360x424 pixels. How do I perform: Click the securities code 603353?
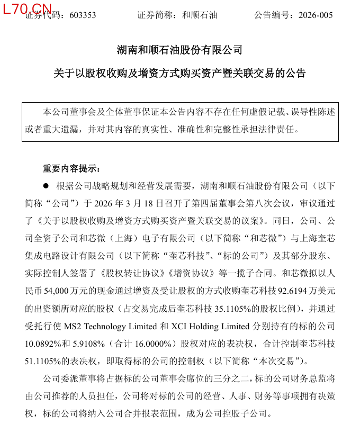pyautogui.click(x=82, y=15)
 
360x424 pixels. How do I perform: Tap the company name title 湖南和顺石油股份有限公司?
pyautogui.click(x=179, y=51)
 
